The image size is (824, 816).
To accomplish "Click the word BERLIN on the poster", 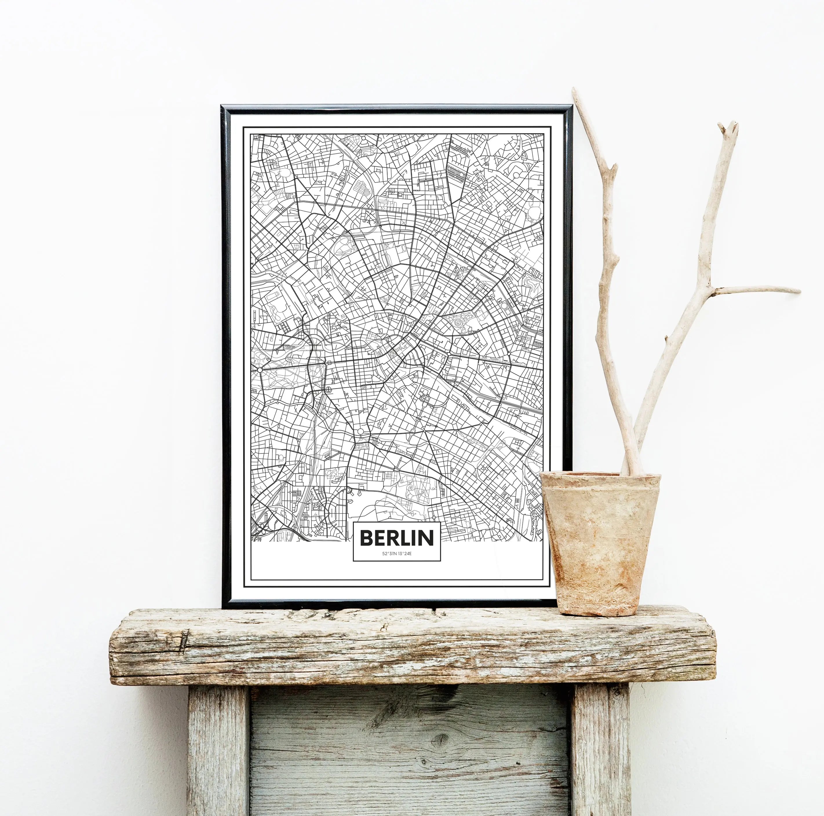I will pyautogui.click(x=397, y=538).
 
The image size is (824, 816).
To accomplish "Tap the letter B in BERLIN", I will pyautogui.click(x=366, y=538).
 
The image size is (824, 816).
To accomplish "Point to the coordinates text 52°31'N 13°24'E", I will pyautogui.click(x=397, y=553).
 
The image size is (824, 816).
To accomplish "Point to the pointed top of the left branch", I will pyautogui.click(x=575, y=90).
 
